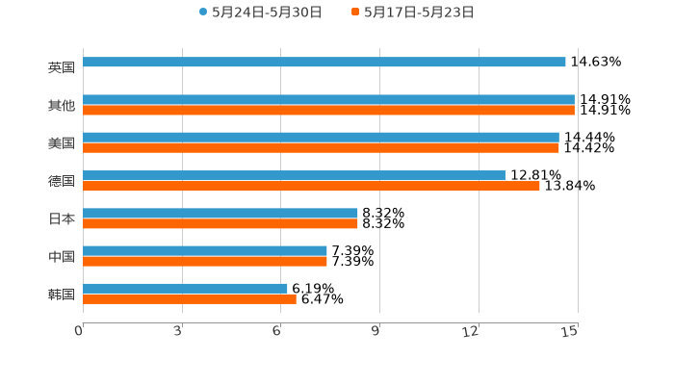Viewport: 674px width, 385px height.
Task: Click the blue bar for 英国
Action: tap(324, 63)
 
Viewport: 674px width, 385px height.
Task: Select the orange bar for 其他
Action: tap(328, 111)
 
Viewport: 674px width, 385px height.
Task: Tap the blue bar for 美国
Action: tap(321, 138)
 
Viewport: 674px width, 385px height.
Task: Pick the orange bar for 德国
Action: tap(311, 186)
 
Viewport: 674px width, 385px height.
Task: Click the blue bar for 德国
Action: tap(294, 175)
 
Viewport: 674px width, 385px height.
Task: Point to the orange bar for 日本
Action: tap(220, 223)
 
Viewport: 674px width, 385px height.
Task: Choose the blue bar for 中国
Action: tap(205, 250)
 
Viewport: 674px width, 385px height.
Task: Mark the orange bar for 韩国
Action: tap(190, 298)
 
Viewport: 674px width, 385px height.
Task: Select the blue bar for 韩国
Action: tap(185, 288)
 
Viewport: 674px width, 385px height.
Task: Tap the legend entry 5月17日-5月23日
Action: tap(418, 13)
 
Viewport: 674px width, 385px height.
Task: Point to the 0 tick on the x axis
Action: tap(79, 331)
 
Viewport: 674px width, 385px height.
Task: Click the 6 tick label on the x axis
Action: tap(277, 331)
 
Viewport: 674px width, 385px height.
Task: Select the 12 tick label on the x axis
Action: tap(472, 331)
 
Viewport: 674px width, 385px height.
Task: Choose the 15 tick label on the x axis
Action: tap(570, 331)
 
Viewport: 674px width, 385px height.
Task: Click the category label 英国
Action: tap(61, 68)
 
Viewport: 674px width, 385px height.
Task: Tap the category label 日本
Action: tap(61, 218)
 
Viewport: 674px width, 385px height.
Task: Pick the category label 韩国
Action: tap(61, 294)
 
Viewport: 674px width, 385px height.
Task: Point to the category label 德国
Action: tap(61, 181)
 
